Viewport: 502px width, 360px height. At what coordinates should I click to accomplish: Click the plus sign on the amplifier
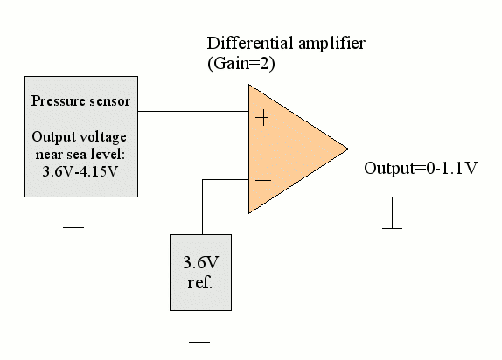point(261,118)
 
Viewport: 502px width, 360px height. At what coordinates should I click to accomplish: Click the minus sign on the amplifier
point(263,181)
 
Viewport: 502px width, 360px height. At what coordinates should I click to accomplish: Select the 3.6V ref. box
point(201,273)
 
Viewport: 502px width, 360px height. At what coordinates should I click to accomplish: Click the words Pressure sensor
point(80,101)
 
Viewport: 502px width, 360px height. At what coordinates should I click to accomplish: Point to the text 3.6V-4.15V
point(80,171)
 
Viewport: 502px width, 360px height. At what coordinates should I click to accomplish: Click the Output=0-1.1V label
point(421,169)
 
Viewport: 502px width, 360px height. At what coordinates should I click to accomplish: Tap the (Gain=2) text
point(241,64)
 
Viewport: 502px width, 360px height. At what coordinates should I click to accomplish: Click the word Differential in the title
point(250,43)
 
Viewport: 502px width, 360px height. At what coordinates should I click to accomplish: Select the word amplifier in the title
point(332,44)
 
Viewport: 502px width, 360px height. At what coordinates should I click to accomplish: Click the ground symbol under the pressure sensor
point(73,212)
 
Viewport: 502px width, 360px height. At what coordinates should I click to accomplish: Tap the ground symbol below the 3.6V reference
point(199,327)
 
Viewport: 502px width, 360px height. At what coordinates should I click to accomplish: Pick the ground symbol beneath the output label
point(392,213)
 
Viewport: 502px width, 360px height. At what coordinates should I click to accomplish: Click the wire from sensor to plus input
point(193,111)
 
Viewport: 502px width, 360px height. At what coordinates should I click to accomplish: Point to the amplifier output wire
point(370,149)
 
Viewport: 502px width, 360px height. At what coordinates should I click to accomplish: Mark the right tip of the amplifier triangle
point(348,149)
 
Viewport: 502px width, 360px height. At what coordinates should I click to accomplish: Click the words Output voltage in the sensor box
point(79,137)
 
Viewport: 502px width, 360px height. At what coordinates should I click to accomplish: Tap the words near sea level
point(80,155)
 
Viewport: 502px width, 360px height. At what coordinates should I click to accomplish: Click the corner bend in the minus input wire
point(202,179)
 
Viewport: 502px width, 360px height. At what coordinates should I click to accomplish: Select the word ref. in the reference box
point(199,283)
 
